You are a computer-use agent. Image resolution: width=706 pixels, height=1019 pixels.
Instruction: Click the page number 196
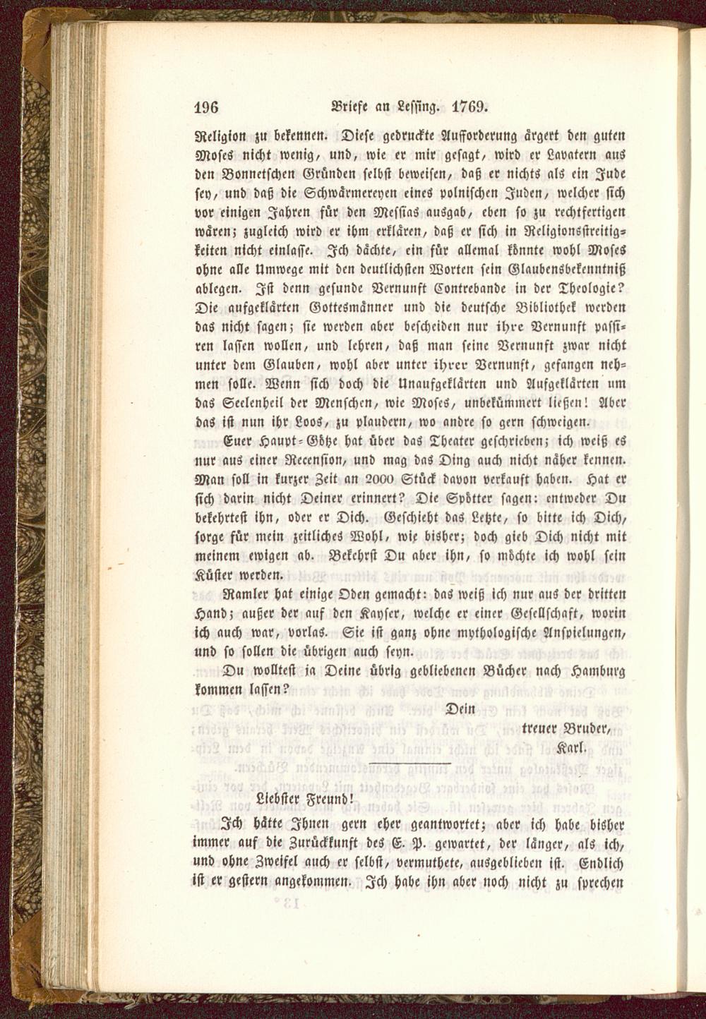tap(208, 107)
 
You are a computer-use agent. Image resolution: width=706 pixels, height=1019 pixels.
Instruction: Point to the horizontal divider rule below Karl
tap(409, 764)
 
